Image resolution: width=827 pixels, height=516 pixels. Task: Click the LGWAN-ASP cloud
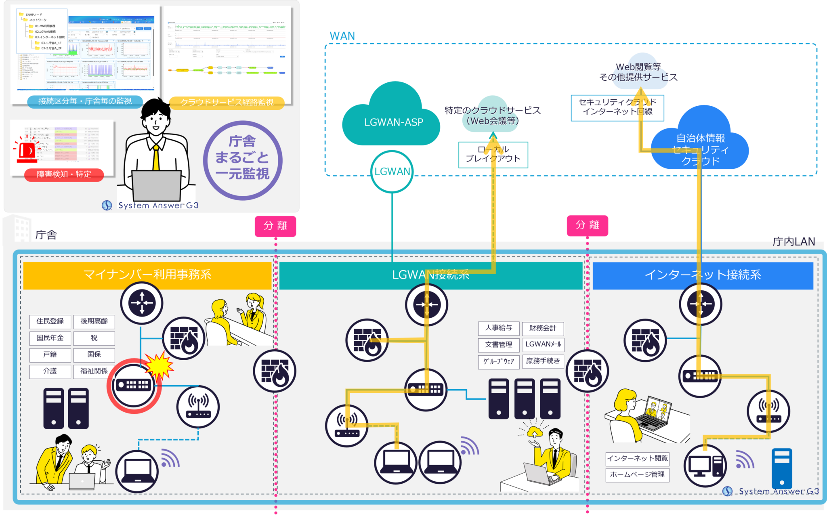point(393,121)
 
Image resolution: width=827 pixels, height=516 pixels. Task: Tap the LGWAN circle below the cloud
point(392,172)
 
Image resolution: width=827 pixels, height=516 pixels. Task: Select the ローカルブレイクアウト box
point(493,155)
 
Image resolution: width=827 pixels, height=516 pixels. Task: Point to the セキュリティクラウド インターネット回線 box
point(617,107)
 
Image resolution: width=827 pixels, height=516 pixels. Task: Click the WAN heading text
point(342,36)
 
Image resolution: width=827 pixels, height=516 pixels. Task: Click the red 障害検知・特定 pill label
point(64,174)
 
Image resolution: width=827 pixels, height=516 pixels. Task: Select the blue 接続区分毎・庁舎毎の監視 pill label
point(85,101)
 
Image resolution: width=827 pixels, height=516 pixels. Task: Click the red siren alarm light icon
point(27,149)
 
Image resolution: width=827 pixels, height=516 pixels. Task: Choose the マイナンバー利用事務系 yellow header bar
point(147,275)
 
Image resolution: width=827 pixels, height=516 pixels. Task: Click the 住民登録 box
point(50,321)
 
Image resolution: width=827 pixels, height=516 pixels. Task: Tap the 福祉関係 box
point(94,371)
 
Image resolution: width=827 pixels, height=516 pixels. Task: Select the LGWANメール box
point(543,344)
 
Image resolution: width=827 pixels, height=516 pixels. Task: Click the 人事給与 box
point(498,328)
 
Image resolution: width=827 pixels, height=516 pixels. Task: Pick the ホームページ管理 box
point(637,475)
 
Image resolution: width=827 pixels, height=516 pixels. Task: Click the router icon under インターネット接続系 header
point(700,304)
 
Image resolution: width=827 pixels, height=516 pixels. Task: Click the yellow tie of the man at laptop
point(156,157)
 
